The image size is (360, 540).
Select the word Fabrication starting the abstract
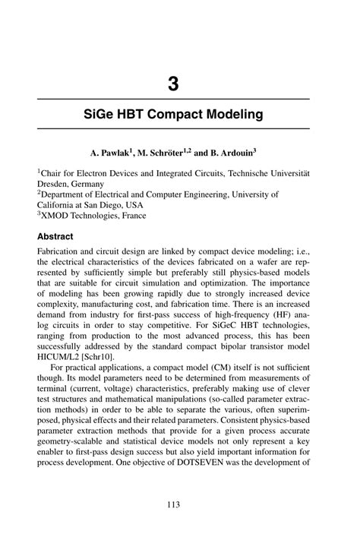65,253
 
